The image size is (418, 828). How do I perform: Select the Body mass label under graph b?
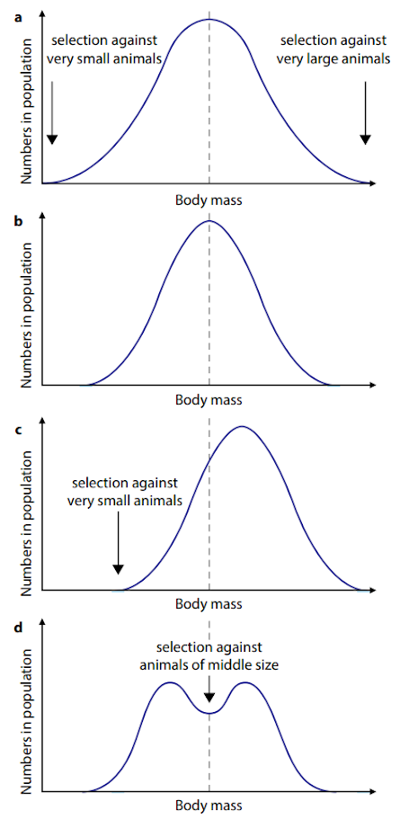[x=209, y=400]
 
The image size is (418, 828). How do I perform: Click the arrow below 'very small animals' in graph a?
[x=51, y=112]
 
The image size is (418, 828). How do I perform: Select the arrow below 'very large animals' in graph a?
[x=365, y=112]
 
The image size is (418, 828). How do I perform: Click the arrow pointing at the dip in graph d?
[x=209, y=689]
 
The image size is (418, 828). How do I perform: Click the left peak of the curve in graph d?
[x=170, y=683]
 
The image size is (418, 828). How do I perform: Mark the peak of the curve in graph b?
[x=209, y=221]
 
